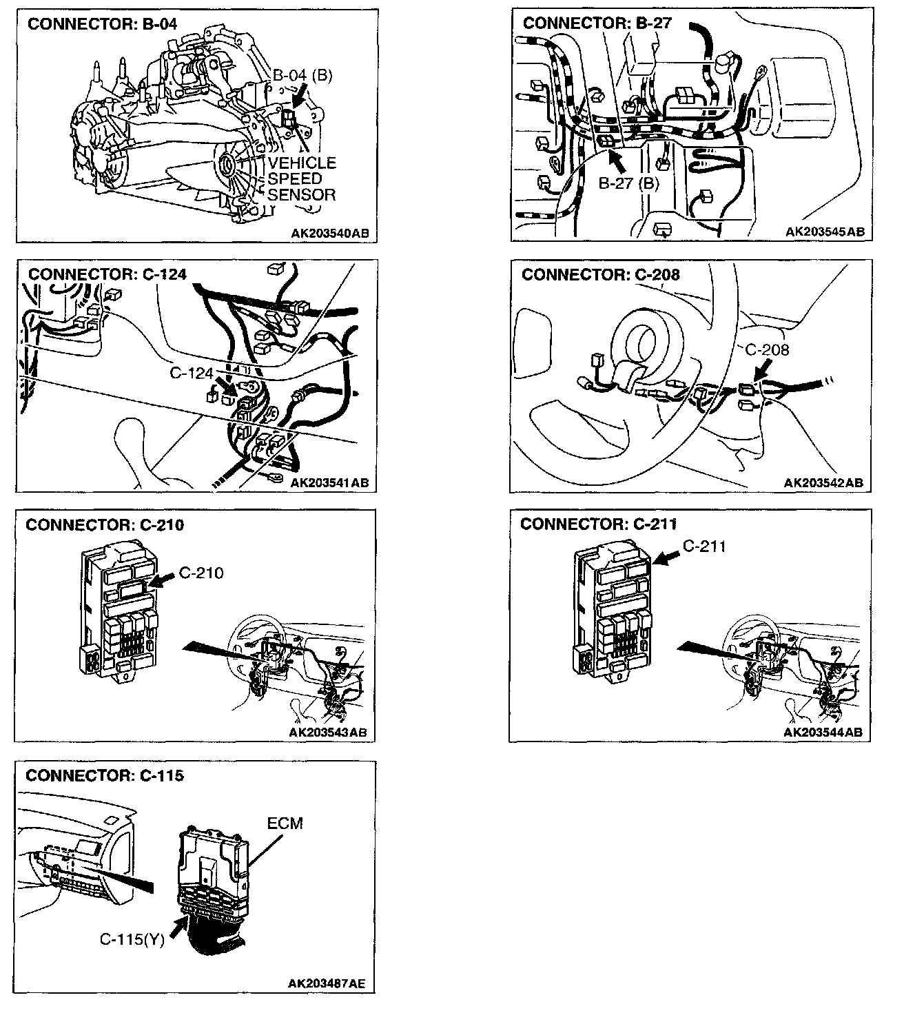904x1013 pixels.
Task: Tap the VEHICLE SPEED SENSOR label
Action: (x=301, y=179)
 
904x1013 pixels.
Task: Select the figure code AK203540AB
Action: (x=329, y=233)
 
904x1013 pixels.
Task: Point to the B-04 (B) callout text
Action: (x=302, y=75)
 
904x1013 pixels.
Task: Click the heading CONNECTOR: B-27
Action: (x=597, y=23)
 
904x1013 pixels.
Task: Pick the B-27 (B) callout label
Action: (x=628, y=184)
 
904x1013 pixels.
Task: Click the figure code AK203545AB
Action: (x=825, y=232)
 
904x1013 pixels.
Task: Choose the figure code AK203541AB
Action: (x=329, y=483)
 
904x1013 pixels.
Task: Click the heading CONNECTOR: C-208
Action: (x=601, y=274)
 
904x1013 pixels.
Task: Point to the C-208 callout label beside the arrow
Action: (x=767, y=350)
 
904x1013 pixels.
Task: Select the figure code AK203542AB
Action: (x=823, y=483)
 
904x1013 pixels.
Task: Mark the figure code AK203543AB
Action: (x=328, y=732)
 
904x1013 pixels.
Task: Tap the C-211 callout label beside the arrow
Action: (x=704, y=546)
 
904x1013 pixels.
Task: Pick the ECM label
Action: (x=285, y=823)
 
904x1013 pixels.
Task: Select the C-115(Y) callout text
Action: (x=132, y=939)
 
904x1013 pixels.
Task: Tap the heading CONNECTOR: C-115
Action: (x=105, y=776)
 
